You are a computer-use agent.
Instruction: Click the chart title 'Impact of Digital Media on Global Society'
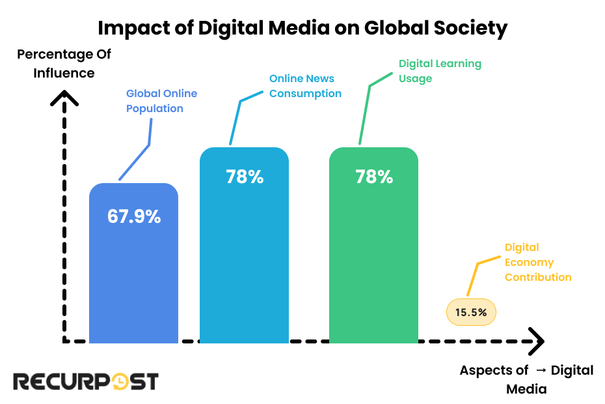pos(302,28)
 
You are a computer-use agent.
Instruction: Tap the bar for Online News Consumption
pos(244,261)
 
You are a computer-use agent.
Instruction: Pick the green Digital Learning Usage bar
pos(373,261)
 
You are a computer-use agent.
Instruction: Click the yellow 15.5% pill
pos(471,313)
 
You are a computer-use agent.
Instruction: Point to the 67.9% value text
pos(134,217)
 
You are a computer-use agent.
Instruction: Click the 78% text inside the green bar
pos(374,177)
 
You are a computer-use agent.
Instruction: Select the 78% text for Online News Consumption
pos(245,177)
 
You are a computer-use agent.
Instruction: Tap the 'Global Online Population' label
pos(161,101)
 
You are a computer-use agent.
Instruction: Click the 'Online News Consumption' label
pos(305,86)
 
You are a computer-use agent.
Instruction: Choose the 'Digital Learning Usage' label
pos(440,71)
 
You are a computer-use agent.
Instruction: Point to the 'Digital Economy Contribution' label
pos(538,263)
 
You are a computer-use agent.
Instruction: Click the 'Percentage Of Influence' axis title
pos(64,63)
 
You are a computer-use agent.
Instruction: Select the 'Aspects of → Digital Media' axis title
pos(526,379)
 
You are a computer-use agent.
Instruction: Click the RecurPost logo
pos(86,381)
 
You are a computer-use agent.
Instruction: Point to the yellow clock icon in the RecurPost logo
pos(119,382)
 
